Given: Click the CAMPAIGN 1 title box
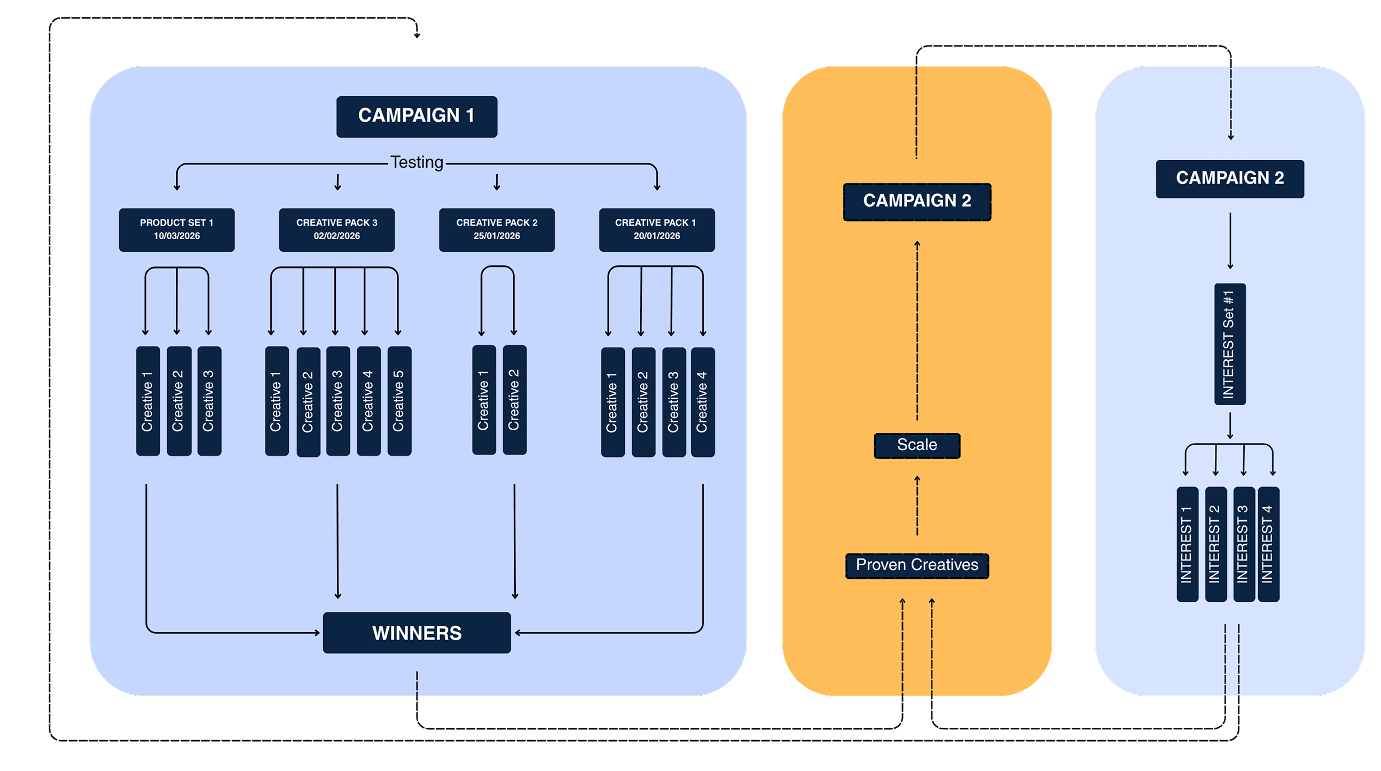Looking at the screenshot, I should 417,116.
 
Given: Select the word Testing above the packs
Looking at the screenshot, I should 417,162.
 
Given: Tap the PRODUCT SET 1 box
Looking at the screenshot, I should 176,230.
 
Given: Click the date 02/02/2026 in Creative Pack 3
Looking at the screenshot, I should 336,236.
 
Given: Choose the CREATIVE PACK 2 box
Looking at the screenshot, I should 497,230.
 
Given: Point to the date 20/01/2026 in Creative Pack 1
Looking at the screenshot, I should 656,236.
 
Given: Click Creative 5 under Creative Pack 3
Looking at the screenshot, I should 399,401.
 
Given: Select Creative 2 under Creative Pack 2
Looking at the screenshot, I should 514,400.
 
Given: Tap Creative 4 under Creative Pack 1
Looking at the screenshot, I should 702,402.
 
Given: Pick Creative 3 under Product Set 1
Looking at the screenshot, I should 209,401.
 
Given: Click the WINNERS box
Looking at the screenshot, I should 417,633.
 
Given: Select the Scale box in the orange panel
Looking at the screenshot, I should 917,445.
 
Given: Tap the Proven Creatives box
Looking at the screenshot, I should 917,565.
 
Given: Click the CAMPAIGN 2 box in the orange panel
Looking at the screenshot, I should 917,202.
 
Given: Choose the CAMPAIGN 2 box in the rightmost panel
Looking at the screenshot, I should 1229,178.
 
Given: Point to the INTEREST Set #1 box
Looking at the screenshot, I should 1229,344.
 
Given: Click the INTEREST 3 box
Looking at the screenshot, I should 1243,544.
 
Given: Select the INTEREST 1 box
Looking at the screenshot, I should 1187,544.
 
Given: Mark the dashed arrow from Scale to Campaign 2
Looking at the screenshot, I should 917,333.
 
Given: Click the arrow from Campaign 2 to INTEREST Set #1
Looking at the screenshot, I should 1230,241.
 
